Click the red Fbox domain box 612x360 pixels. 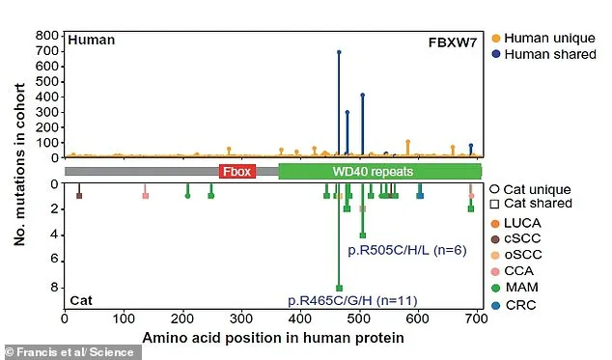[x=236, y=171]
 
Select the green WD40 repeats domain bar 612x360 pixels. [x=379, y=171]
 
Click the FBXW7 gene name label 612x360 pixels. [x=455, y=42]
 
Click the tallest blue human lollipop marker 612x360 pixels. [x=339, y=52]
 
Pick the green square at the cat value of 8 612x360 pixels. [x=339, y=288]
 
